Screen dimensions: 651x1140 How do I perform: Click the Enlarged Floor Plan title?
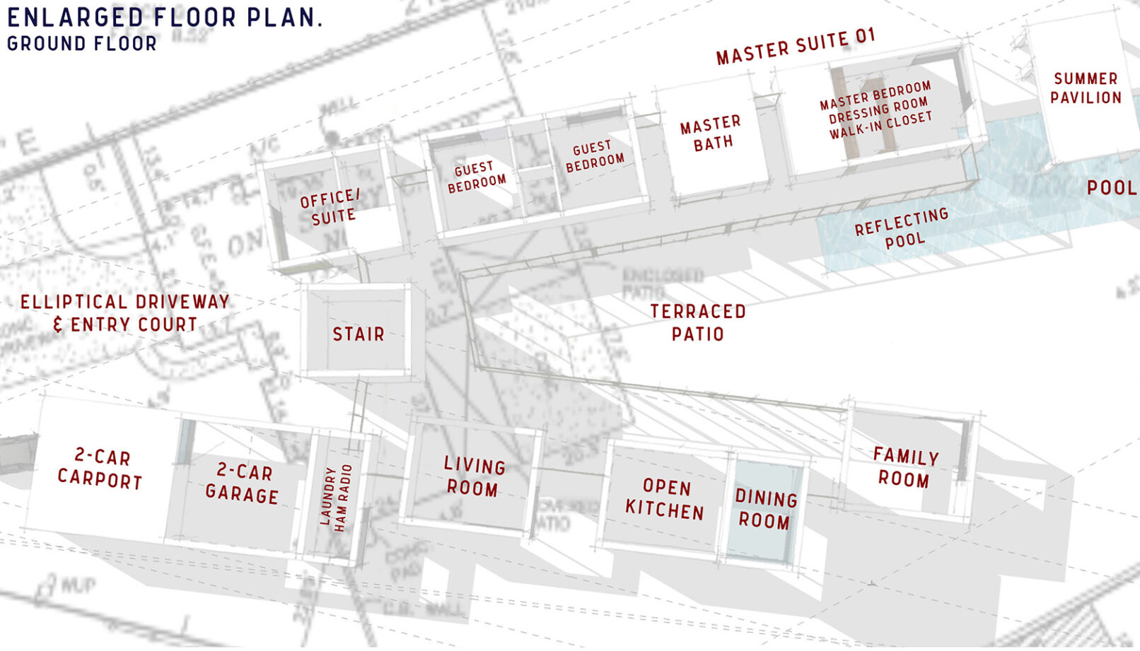[164, 17]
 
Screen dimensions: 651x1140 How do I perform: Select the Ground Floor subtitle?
[82, 44]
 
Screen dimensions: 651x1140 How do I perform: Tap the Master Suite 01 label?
[796, 47]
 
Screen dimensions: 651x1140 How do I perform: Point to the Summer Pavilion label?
[1086, 88]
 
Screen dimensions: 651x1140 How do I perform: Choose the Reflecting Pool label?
[902, 228]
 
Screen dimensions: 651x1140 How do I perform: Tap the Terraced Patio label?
[698, 322]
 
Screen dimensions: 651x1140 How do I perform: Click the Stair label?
[359, 334]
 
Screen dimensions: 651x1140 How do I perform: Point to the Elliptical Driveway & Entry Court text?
[125, 313]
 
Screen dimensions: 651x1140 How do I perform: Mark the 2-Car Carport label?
[100, 469]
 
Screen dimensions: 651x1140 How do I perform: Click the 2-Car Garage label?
[243, 483]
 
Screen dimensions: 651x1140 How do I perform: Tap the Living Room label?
[473, 477]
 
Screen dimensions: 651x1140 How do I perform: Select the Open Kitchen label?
[665, 499]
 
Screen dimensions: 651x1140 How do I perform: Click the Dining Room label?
[766, 510]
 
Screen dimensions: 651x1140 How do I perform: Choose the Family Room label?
[905, 468]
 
